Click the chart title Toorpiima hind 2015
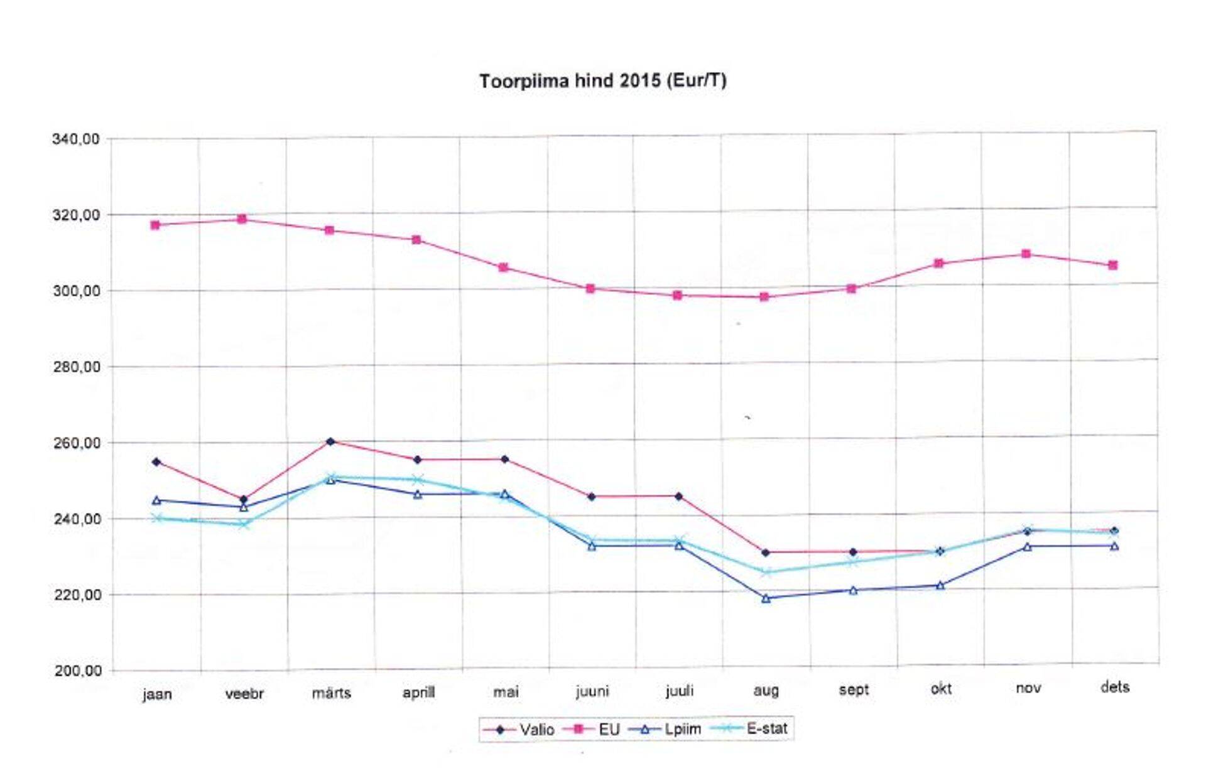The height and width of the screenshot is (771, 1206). (x=602, y=81)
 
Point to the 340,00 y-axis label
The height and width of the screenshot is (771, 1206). (x=76, y=139)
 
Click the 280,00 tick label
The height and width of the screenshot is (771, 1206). (x=76, y=367)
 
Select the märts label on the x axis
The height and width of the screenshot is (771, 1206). (x=331, y=693)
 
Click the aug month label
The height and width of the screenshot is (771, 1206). (x=766, y=691)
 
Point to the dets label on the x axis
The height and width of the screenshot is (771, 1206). (x=1114, y=687)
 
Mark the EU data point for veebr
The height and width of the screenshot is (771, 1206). (x=242, y=219)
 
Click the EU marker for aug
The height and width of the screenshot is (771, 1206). (x=764, y=297)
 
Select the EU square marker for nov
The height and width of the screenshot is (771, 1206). (x=1026, y=254)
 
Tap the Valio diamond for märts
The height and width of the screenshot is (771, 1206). (x=330, y=441)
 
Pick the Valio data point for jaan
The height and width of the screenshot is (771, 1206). (x=156, y=462)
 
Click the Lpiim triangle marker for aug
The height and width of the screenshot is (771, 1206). (x=766, y=598)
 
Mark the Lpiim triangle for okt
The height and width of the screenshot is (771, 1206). (x=940, y=585)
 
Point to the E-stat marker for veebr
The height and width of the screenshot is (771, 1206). (x=244, y=524)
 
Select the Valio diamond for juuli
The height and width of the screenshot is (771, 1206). (x=678, y=497)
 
